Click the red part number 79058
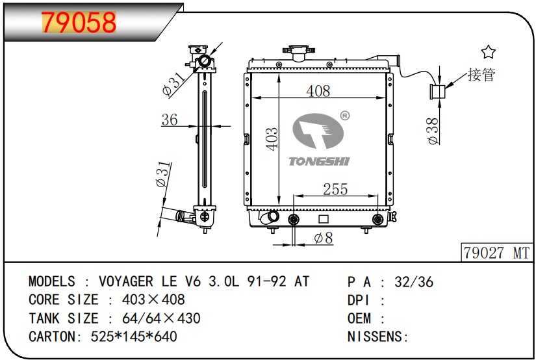pos(79,23)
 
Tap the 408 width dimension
pos(318,91)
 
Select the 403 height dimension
pos(272,139)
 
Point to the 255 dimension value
pos(335,189)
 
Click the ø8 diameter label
pos(324,238)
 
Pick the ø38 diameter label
pos(433,131)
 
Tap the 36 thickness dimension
pos(170,120)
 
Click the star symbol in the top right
pos(488,52)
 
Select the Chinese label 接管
pos(481,75)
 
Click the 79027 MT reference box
pos(496,253)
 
